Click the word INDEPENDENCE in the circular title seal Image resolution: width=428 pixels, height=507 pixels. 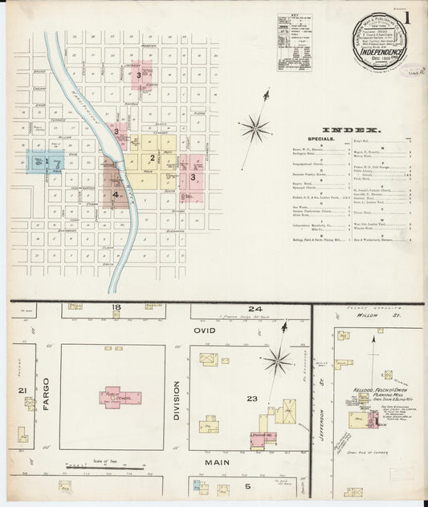[382, 56]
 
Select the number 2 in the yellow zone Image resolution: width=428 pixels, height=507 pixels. [152, 158]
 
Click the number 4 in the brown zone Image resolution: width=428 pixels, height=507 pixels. [116, 194]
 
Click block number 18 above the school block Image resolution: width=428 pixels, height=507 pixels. [116, 308]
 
